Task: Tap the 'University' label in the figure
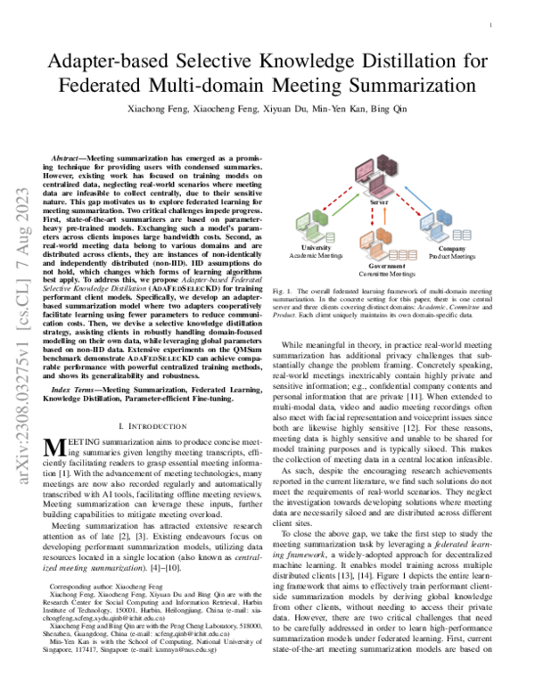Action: (x=316, y=247)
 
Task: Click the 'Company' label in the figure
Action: (x=452, y=247)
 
